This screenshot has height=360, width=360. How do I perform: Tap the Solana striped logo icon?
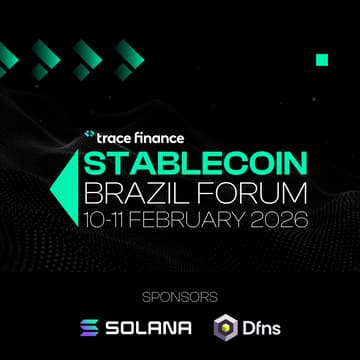(90, 328)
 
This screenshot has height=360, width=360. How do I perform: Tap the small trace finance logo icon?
(89, 135)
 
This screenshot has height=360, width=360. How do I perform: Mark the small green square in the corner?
(322, 59)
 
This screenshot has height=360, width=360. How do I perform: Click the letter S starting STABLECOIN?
(93, 164)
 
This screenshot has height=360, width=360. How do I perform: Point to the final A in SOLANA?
(185, 328)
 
